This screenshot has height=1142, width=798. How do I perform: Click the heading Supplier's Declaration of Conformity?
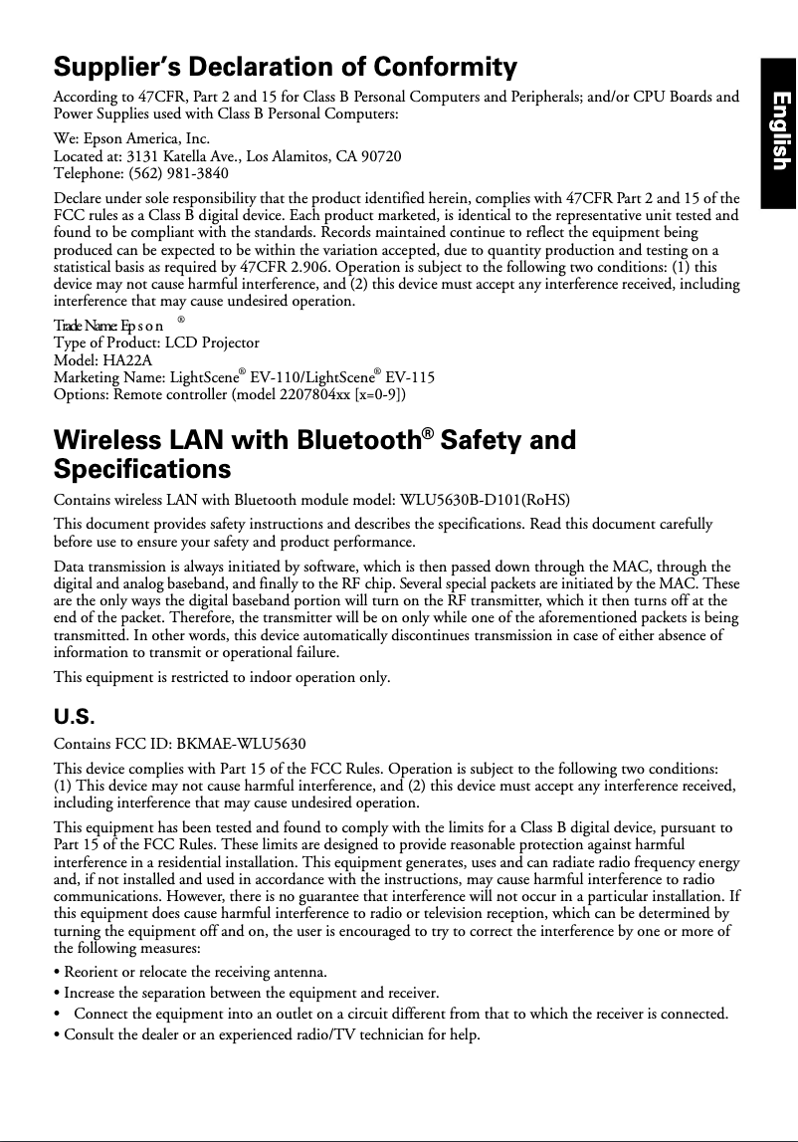coord(285,68)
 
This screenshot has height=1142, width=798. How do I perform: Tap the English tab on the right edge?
coord(780,131)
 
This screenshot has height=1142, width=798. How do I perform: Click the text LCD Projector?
coord(211,343)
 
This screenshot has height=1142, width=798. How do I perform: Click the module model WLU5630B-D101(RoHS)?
coord(484,499)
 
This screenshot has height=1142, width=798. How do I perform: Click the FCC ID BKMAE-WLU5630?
coord(234,744)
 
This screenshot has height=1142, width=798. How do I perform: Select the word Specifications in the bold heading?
coord(141,468)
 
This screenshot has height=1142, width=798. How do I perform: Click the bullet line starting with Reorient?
coord(191,971)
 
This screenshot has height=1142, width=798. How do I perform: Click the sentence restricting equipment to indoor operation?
coord(221,678)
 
